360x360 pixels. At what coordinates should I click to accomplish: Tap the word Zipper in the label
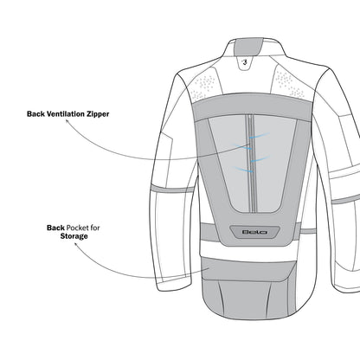pyautogui.click(x=98, y=114)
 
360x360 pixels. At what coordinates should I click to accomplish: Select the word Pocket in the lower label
pyautogui.click(x=77, y=228)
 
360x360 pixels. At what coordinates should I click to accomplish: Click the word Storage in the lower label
pyautogui.click(x=74, y=236)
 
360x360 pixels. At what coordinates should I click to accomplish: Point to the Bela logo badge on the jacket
pyautogui.click(x=254, y=232)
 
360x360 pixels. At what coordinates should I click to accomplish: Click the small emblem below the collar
pyautogui.click(x=245, y=61)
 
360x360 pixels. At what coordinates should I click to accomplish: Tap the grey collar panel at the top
pyautogui.click(x=245, y=47)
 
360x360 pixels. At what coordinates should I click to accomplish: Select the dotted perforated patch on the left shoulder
pyautogui.click(x=203, y=86)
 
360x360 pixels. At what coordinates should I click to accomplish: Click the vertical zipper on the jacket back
pyautogui.click(x=251, y=164)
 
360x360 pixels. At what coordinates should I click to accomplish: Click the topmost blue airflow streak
pyautogui.click(x=260, y=136)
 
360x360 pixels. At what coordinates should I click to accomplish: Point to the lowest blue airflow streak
pyautogui.click(x=243, y=170)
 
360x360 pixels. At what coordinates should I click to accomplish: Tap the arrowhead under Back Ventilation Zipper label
pyautogui.click(x=67, y=121)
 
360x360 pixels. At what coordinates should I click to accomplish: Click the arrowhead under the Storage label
pyautogui.click(x=76, y=244)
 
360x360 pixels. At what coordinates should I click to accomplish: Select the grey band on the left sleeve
pyautogui.click(x=172, y=189)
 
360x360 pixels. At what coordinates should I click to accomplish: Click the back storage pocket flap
pyautogui.click(x=248, y=270)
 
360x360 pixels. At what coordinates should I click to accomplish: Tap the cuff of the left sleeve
pyautogui.click(x=175, y=285)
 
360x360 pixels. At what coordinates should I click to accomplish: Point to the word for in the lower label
pyautogui.click(x=94, y=228)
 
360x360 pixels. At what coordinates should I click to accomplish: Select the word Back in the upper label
pyautogui.click(x=36, y=114)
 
